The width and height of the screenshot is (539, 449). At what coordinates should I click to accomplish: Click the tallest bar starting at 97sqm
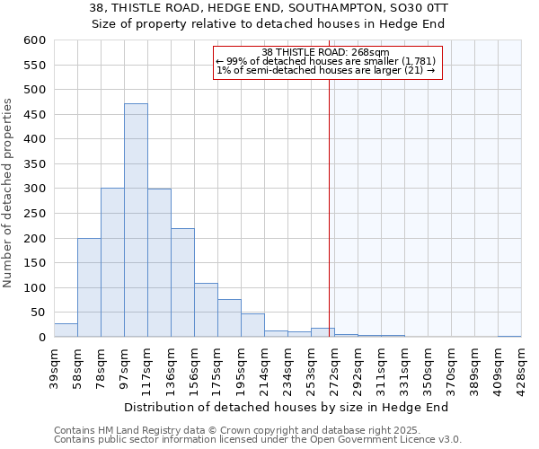point(136,220)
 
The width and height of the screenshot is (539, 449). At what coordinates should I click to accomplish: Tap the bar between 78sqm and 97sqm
point(112,262)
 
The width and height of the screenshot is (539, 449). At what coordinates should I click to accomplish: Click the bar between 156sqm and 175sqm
point(206,311)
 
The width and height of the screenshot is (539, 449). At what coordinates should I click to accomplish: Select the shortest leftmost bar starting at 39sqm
point(66,330)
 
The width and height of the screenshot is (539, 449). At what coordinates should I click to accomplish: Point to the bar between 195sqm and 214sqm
point(252,326)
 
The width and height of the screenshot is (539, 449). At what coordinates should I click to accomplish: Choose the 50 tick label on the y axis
point(37,313)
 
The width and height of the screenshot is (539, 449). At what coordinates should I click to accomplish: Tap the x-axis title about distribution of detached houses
point(286,407)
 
